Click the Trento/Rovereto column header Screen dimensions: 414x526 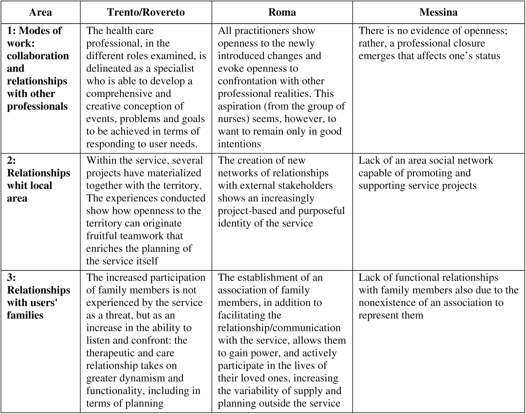(x=146, y=12)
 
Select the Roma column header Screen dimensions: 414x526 (x=282, y=12)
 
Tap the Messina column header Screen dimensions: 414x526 (x=438, y=12)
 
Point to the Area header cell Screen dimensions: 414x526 (x=40, y=12)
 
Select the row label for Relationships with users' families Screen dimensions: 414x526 (x=38, y=296)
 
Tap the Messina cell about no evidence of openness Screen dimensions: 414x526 (x=432, y=43)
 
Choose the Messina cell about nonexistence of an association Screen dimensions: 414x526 (x=438, y=296)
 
